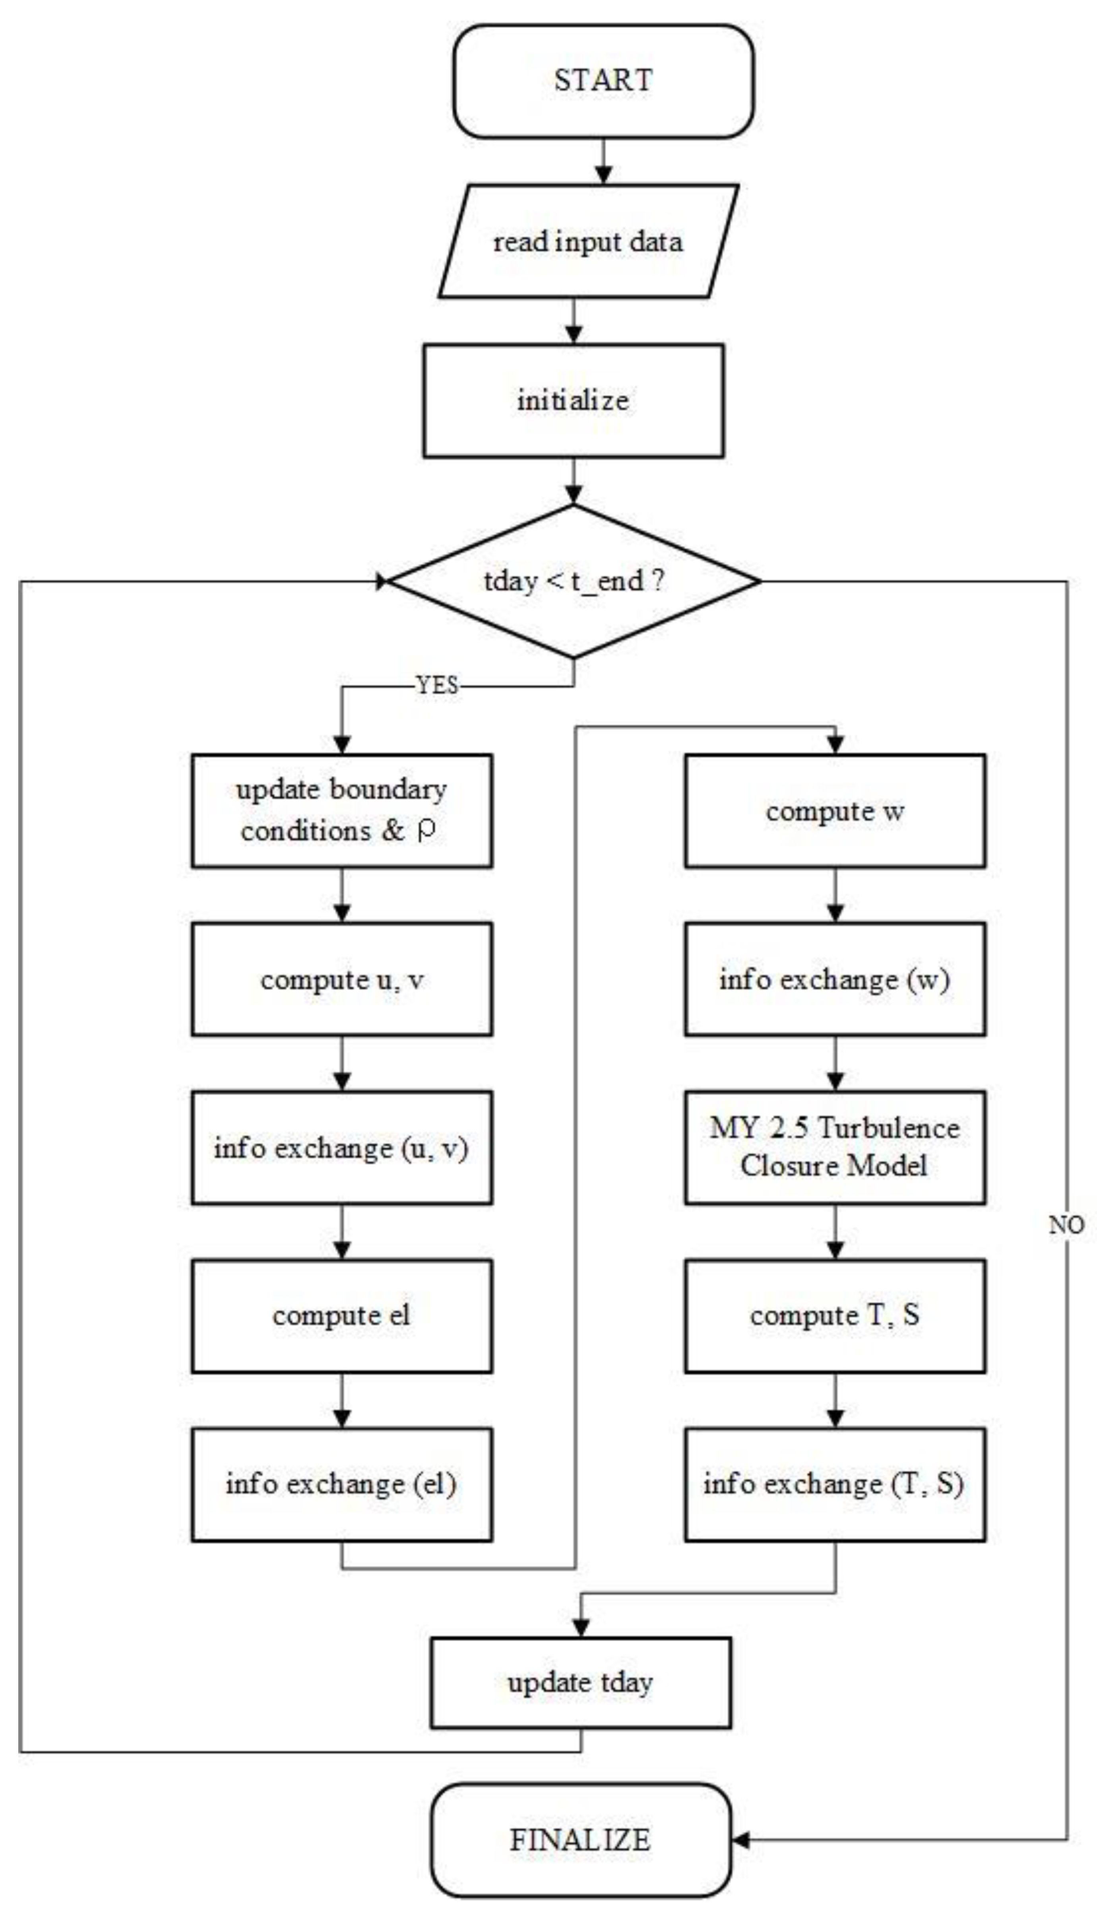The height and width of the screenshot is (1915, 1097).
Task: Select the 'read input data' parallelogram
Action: point(588,241)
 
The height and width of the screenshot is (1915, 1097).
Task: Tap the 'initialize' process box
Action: point(574,400)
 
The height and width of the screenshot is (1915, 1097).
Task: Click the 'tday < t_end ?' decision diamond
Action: point(574,581)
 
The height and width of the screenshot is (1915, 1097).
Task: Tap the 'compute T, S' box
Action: point(835,1315)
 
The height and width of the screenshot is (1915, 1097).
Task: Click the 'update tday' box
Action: point(580,1682)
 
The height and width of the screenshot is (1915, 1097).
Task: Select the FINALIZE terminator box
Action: point(580,1839)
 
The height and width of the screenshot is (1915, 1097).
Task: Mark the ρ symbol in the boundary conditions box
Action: point(426,831)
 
